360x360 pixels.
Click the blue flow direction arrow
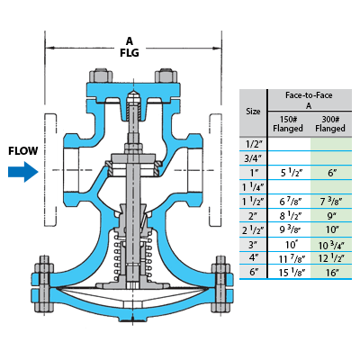(x=23, y=172)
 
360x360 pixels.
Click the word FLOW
(x=23, y=150)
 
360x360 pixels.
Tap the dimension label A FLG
(x=130, y=47)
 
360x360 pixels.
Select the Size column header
(x=253, y=112)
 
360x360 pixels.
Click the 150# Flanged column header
(x=288, y=124)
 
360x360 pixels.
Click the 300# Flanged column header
(x=330, y=124)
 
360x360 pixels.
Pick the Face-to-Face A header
(x=309, y=100)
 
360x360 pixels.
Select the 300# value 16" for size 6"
(x=331, y=273)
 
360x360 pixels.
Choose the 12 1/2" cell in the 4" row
(x=331, y=258)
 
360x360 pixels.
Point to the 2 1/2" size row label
(x=253, y=229)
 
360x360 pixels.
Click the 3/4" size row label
(x=253, y=158)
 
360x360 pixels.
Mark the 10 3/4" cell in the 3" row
(x=331, y=245)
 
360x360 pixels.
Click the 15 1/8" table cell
(x=291, y=273)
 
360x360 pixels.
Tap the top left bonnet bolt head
(x=101, y=76)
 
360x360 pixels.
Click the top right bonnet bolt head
(x=166, y=76)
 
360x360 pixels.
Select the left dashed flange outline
(x=50, y=170)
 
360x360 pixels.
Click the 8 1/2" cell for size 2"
(x=291, y=215)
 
